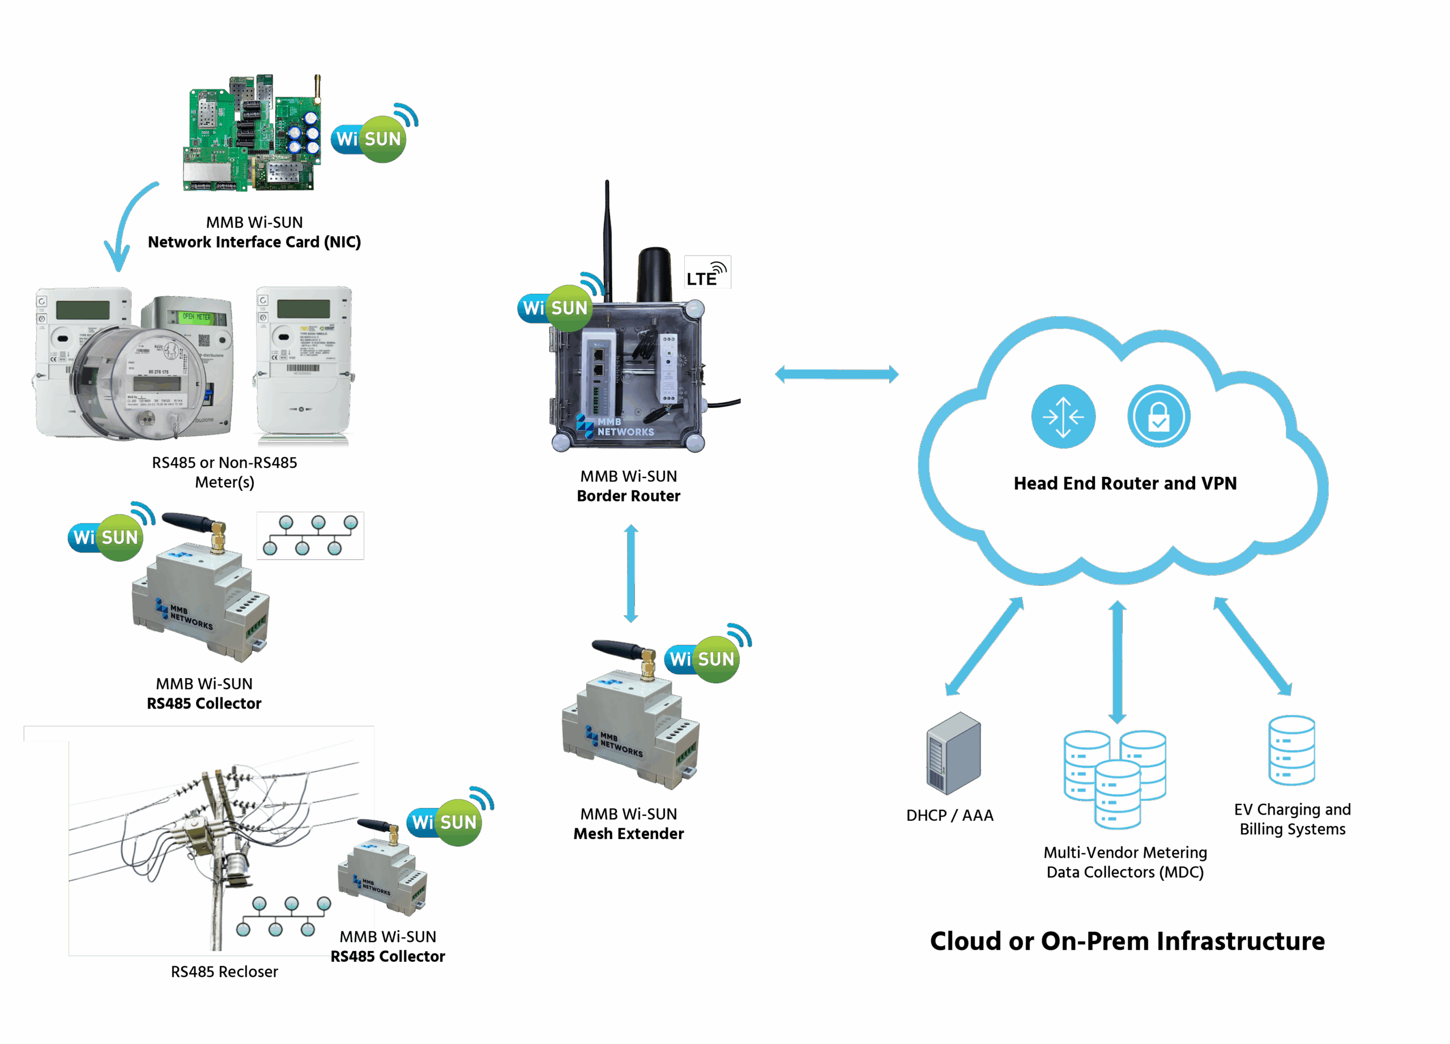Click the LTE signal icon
pos(707,273)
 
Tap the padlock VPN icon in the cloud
pos(1158,416)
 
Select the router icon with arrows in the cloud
pos(1063,416)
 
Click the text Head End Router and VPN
pos(1124,483)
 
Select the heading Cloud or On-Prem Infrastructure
pos(1127,941)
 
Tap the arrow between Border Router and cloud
pos(836,374)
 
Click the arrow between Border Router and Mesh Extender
pos(631,573)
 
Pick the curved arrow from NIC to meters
pos(128,224)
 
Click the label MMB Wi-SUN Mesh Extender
pos(629,824)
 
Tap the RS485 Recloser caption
pos(224,971)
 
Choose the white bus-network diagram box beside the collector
pos(310,536)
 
